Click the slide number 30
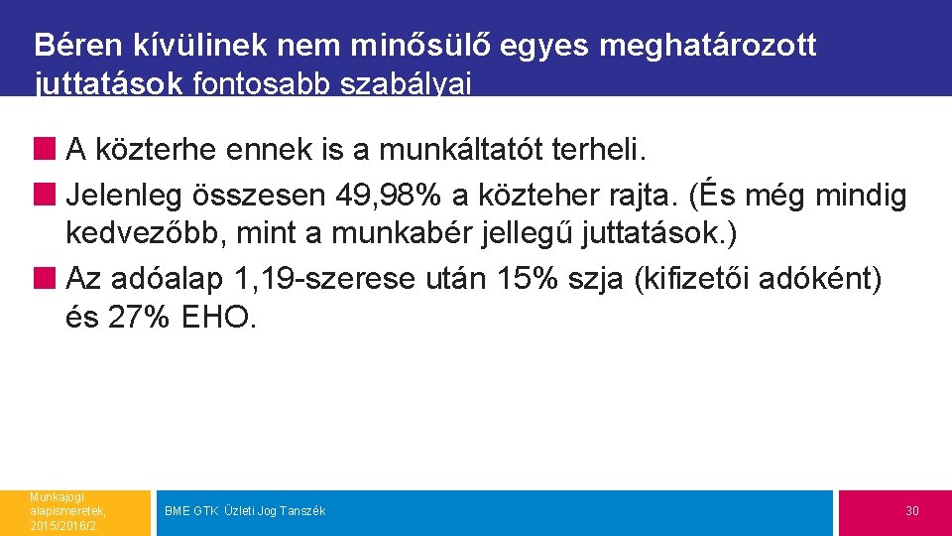pos(911,511)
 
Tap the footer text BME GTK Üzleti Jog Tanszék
pos(244,511)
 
